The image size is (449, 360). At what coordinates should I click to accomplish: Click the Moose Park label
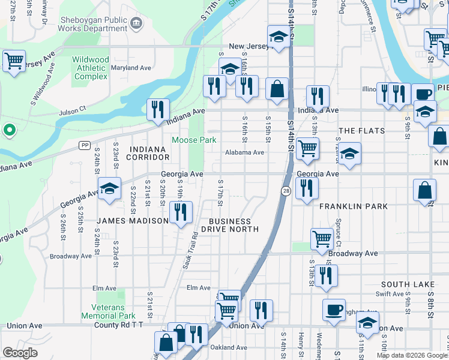click(x=193, y=140)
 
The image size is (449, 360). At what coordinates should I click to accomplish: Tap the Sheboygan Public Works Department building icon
click(x=136, y=23)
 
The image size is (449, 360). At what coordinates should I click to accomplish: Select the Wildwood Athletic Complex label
click(x=91, y=68)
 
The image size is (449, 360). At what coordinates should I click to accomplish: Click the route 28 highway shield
click(x=286, y=190)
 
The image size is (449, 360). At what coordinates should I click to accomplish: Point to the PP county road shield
click(x=85, y=145)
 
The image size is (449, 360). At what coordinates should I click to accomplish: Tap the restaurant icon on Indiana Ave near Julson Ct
click(x=158, y=110)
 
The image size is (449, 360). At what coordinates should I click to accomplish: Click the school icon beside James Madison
click(x=109, y=188)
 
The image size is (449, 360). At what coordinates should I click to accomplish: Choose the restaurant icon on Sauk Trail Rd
click(x=180, y=212)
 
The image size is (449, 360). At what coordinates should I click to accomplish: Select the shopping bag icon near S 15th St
click(x=277, y=89)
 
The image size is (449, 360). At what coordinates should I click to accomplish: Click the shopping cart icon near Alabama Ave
click(x=307, y=148)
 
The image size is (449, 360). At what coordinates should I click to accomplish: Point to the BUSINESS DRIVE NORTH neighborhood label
click(x=230, y=224)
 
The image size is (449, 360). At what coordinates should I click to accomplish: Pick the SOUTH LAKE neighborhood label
click(x=407, y=284)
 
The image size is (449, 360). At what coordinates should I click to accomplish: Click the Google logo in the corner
click(x=20, y=353)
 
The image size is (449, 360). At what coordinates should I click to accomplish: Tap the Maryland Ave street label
click(x=131, y=68)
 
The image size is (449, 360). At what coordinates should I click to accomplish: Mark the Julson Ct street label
click(x=73, y=112)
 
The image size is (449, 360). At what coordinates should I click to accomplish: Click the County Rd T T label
click(x=119, y=326)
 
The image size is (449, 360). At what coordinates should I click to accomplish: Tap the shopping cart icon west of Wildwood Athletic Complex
click(x=13, y=61)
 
